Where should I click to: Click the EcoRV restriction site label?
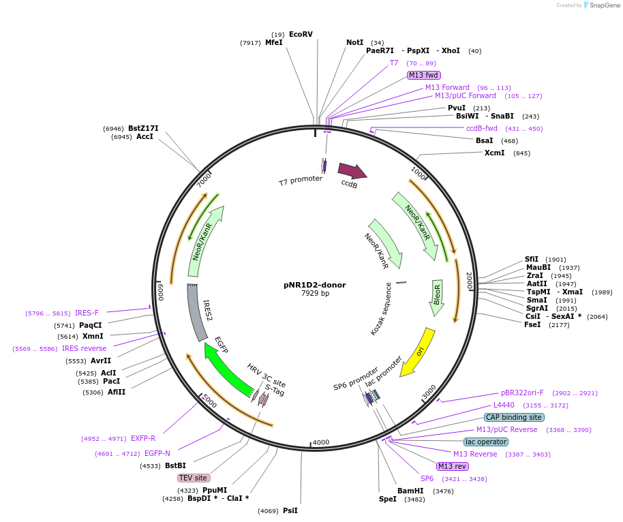point(301,34)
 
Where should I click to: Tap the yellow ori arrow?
point(418,352)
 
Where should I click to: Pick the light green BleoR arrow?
point(437,297)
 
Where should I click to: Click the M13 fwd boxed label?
point(423,75)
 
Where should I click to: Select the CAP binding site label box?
point(514,417)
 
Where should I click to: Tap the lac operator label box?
point(485,442)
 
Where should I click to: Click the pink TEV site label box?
point(193,478)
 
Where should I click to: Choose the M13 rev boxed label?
point(452,466)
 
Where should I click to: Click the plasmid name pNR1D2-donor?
point(315,285)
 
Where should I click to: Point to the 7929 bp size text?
point(315,294)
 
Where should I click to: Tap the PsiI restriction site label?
point(290,510)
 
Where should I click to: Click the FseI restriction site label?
point(533,324)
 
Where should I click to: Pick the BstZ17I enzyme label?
point(143,128)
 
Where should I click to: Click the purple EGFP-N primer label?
point(157,453)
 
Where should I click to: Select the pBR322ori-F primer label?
point(522,393)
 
